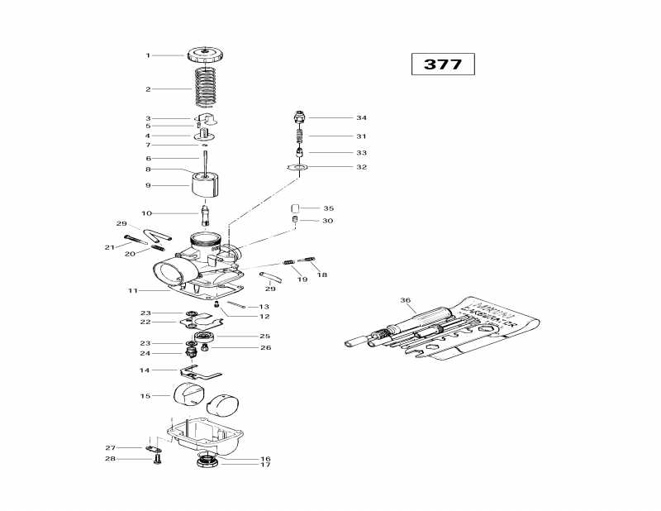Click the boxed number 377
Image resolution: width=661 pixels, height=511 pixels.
coord(443,64)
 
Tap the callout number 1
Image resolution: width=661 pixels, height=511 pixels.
coord(148,55)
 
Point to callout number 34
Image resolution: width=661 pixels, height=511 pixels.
coord(361,118)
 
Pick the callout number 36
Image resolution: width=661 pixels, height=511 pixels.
coord(405,300)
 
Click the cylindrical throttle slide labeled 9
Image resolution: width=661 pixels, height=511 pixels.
coord(209,185)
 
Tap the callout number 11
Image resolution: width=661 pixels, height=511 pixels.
coord(131,291)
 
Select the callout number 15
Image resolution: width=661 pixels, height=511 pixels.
coord(145,396)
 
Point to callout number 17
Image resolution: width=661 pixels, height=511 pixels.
coord(265,466)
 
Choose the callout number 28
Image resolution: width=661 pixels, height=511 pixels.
coord(108,459)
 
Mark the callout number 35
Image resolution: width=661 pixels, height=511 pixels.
coord(328,208)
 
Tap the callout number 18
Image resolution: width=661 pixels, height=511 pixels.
coord(322,275)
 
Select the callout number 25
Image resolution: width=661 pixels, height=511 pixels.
coord(265,337)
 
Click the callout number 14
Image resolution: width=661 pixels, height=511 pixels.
coord(145,370)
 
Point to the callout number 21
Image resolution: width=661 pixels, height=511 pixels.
coord(109,247)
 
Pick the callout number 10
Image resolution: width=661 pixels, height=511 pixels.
coord(145,213)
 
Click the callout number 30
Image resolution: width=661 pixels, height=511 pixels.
coord(328,221)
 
